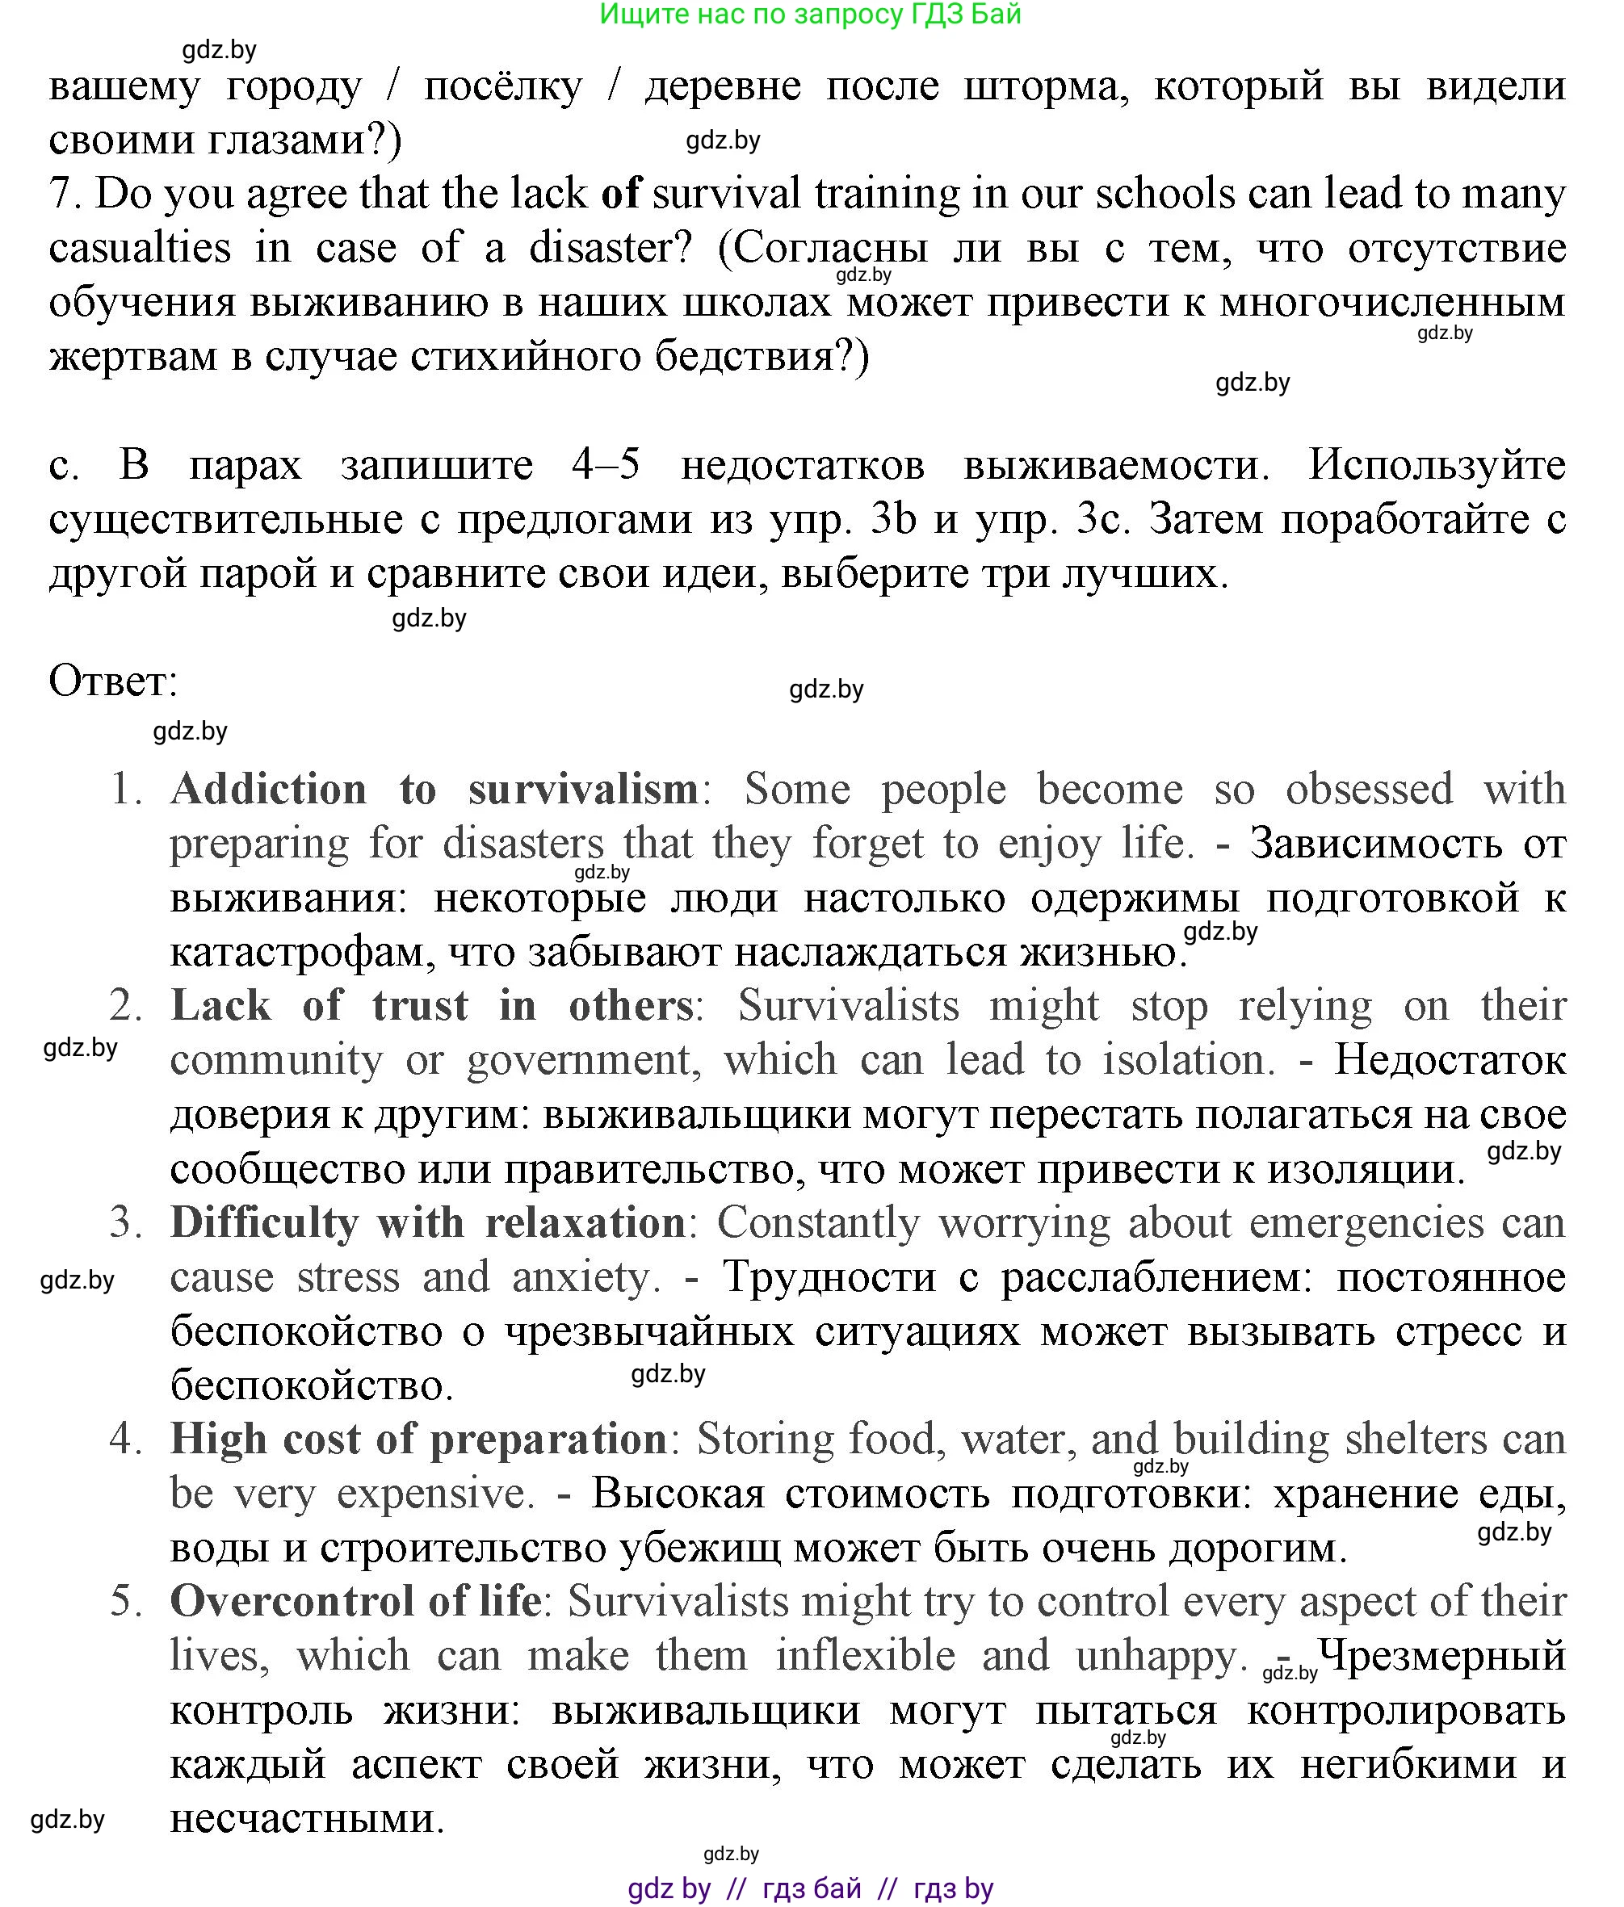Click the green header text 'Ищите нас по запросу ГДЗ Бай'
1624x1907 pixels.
(x=810, y=15)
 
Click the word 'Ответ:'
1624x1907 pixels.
(x=112, y=683)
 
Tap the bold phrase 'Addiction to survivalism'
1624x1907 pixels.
(x=434, y=790)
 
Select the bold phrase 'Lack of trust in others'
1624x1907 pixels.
(x=431, y=1006)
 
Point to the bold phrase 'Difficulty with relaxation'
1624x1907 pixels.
(x=428, y=1223)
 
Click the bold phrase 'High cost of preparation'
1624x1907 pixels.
(x=419, y=1440)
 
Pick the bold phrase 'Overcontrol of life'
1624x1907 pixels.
(x=355, y=1602)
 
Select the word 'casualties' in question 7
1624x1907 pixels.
(x=140, y=249)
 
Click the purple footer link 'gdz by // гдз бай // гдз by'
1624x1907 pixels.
(x=810, y=1888)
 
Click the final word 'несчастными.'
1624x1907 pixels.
(x=308, y=1819)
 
